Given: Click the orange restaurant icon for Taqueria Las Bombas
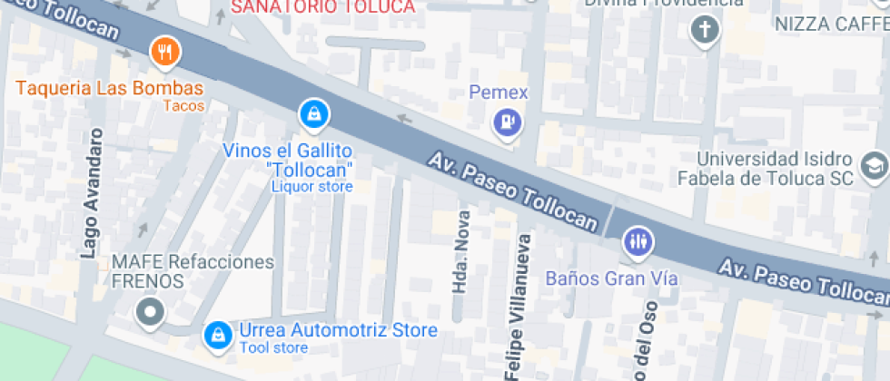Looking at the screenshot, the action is click(164, 52).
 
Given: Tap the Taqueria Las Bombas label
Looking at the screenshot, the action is click(108, 89).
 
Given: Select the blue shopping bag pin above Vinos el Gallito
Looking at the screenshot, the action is click(312, 113).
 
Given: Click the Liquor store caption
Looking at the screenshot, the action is click(311, 187).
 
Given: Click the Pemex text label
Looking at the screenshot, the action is click(498, 92).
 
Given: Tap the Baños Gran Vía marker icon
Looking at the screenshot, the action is click(638, 242).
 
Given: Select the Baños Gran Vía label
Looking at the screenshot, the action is click(611, 278).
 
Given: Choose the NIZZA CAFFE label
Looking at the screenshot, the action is click(831, 24).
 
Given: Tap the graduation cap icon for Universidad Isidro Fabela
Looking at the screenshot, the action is click(874, 165).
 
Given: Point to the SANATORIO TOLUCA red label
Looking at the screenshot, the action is click(324, 6).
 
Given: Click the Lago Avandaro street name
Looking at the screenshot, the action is click(93, 193).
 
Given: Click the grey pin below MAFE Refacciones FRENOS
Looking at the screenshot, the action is click(149, 313).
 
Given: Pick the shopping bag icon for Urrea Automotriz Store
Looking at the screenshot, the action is click(217, 334).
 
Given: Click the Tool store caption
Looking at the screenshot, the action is click(273, 348).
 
